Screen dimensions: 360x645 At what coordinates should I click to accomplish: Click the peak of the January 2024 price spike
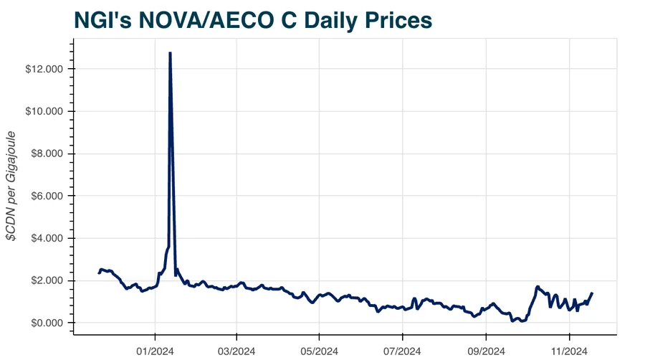pyautogui.click(x=170, y=53)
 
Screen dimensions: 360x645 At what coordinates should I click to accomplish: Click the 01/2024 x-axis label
pyautogui.click(x=155, y=351)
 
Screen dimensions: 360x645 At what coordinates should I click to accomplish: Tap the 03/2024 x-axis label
pyautogui.click(x=237, y=351)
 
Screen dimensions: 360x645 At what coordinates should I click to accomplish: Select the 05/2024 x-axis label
pyautogui.click(x=320, y=351)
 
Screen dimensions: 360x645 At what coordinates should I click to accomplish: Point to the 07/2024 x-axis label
pyautogui.click(x=403, y=351)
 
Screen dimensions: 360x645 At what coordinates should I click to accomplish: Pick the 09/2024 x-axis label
pyautogui.click(x=486, y=351)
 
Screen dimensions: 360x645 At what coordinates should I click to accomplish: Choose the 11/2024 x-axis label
pyautogui.click(x=569, y=351)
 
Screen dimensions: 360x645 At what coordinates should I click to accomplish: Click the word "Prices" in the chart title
pyautogui.click(x=397, y=20)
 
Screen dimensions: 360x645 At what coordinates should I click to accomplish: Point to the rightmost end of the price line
pyautogui.click(x=592, y=293)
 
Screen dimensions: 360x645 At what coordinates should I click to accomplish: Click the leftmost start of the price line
pyautogui.click(x=99, y=273)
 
